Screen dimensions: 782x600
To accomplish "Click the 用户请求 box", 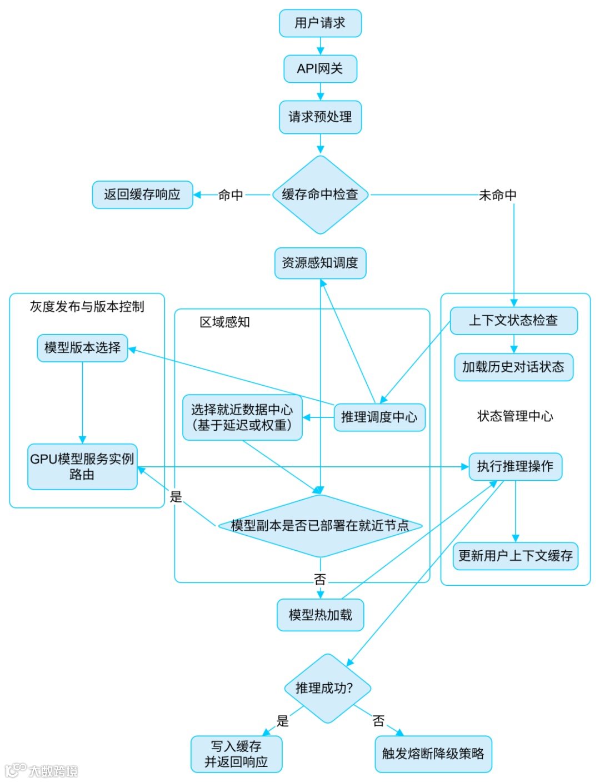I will click(x=320, y=23).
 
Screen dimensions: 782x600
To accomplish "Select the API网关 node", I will click(x=320, y=69).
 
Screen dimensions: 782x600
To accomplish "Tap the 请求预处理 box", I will click(x=320, y=117).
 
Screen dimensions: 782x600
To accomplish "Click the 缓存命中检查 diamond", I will click(x=320, y=195).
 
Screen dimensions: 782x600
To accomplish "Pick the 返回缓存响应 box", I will click(x=142, y=195).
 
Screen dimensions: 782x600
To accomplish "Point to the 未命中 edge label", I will click(x=497, y=195).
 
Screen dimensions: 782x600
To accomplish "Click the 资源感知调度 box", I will click(x=320, y=263).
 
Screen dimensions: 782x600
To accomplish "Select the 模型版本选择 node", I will click(x=82, y=348).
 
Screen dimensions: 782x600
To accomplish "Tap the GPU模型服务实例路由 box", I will click(x=82, y=467).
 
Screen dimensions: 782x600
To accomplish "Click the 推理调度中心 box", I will click(x=379, y=417).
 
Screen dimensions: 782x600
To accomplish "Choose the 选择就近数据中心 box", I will click(x=242, y=417).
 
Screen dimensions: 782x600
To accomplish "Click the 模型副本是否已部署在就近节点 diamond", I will click(x=320, y=526).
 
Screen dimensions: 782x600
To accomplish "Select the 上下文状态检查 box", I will click(x=513, y=321).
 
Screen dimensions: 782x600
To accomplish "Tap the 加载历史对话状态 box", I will click(x=513, y=367).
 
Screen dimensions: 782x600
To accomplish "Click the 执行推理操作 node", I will click(x=515, y=466).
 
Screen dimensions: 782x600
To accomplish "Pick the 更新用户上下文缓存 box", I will click(x=515, y=556).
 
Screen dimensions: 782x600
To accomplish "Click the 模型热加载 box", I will click(x=320, y=615).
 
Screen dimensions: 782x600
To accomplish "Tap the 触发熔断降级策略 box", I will click(x=433, y=754).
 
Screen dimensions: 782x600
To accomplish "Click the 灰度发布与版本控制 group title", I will click(x=87, y=307).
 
